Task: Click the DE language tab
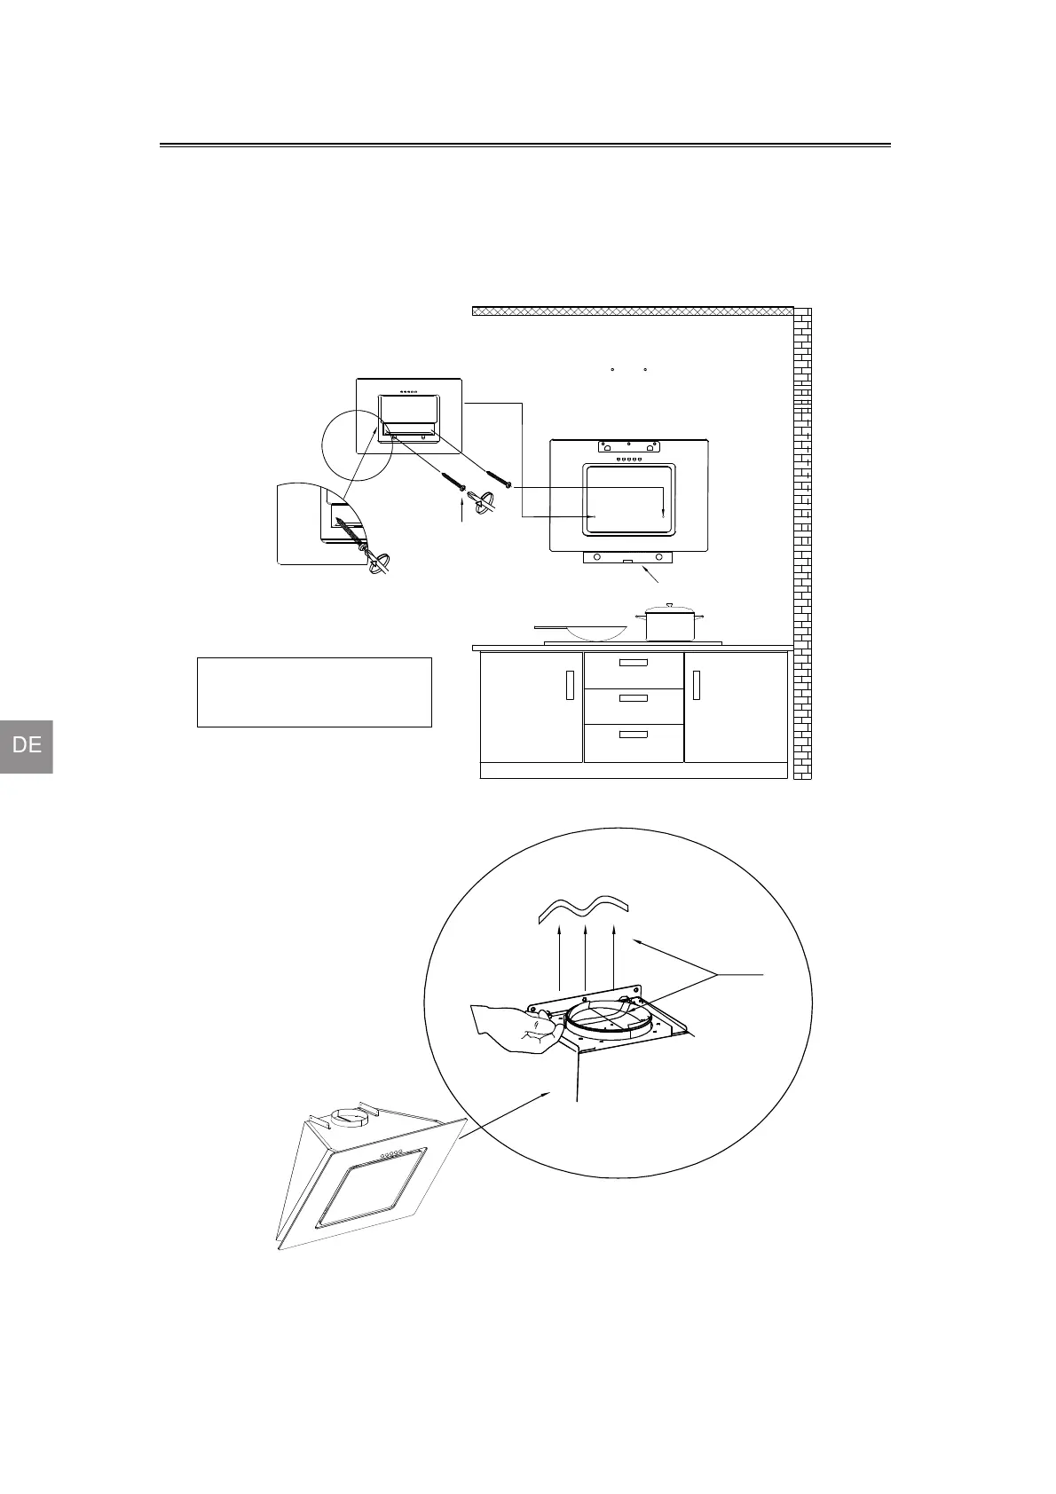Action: [27, 745]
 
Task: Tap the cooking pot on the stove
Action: [670, 624]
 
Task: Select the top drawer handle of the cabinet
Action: [634, 663]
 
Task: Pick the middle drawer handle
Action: [634, 698]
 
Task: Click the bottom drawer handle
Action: [634, 735]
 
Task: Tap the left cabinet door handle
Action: [570, 685]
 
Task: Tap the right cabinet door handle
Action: [697, 685]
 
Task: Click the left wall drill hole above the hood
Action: [613, 368]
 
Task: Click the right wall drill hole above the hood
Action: [646, 368]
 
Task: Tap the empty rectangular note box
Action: [314, 692]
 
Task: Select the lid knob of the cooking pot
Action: [670, 605]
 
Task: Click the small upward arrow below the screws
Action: [461, 510]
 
